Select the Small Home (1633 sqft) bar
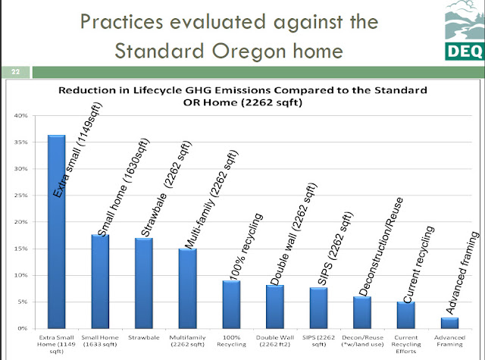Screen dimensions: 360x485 (100, 281)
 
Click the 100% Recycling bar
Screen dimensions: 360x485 (231, 304)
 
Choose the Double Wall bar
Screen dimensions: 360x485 (275, 306)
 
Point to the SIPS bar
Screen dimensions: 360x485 (319, 308)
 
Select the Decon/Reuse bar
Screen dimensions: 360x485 (362, 312)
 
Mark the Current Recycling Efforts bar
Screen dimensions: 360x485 (406, 315)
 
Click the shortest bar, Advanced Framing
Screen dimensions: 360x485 (450, 323)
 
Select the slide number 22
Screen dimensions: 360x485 (15, 73)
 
